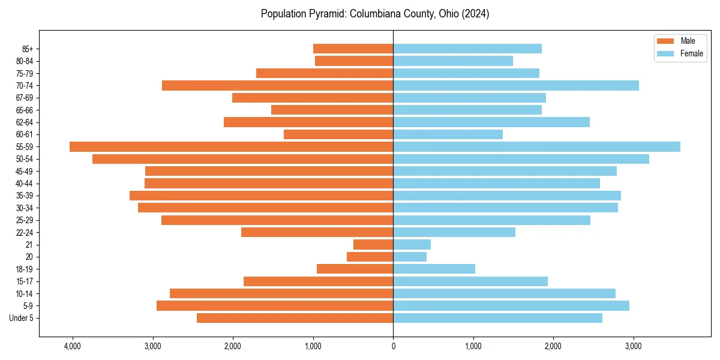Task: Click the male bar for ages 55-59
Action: [x=231, y=146]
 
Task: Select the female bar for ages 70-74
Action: [x=516, y=85]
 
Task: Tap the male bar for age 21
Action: [x=373, y=244]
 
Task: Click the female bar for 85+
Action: [x=467, y=49]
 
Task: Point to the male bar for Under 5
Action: [x=295, y=318]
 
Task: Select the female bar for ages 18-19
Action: [x=434, y=269]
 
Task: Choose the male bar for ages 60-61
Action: [x=338, y=134]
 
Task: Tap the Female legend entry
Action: [x=681, y=53]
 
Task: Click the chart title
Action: [x=375, y=14]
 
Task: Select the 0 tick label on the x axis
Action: [x=393, y=346]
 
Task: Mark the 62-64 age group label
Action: [x=25, y=122]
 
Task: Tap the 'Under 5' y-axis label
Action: [x=22, y=318]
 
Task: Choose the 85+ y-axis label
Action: [x=27, y=49]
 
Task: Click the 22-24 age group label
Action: [x=25, y=232]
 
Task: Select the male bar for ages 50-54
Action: [x=242, y=159]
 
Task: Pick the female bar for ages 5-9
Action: [x=511, y=305]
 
